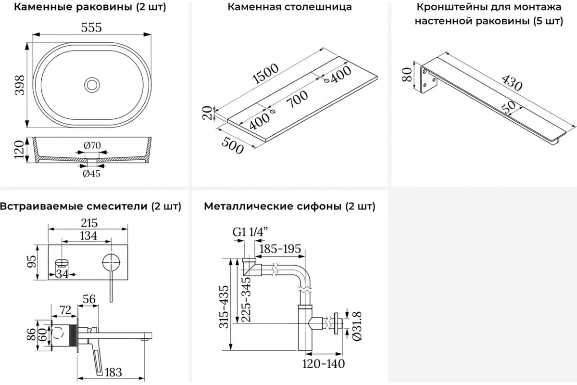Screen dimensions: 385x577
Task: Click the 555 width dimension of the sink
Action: tap(91, 28)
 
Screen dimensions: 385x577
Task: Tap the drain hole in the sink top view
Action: tap(91, 85)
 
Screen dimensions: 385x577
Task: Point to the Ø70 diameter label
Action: tap(91, 145)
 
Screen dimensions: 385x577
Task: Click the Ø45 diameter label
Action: tap(91, 174)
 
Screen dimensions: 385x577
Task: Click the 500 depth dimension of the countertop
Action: tap(232, 144)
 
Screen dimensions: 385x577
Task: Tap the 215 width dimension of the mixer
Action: tap(88, 223)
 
